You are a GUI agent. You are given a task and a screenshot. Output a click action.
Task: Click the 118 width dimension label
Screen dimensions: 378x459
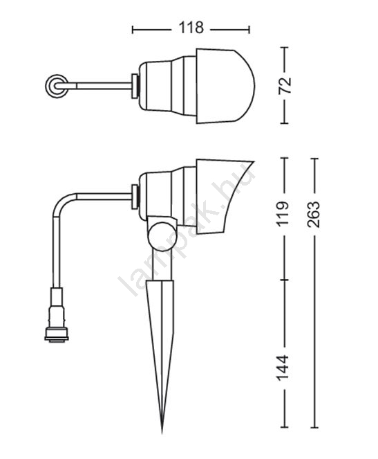[191, 28]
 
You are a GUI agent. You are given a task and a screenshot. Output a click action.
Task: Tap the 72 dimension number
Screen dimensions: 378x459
[285, 85]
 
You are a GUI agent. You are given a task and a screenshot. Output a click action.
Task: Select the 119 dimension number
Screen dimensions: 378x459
[283, 213]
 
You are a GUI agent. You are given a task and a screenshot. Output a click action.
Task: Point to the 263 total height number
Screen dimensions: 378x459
[314, 214]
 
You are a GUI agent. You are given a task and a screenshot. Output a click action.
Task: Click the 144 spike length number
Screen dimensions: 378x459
[283, 368]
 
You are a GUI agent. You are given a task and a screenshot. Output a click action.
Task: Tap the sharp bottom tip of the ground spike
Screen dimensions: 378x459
[162, 433]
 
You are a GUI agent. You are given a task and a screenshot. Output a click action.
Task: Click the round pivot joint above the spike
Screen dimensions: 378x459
[162, 236]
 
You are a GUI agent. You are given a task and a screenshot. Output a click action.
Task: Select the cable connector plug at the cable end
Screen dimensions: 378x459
[57, 315]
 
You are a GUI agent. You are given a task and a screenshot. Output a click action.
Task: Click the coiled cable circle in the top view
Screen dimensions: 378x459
[57, 86]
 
